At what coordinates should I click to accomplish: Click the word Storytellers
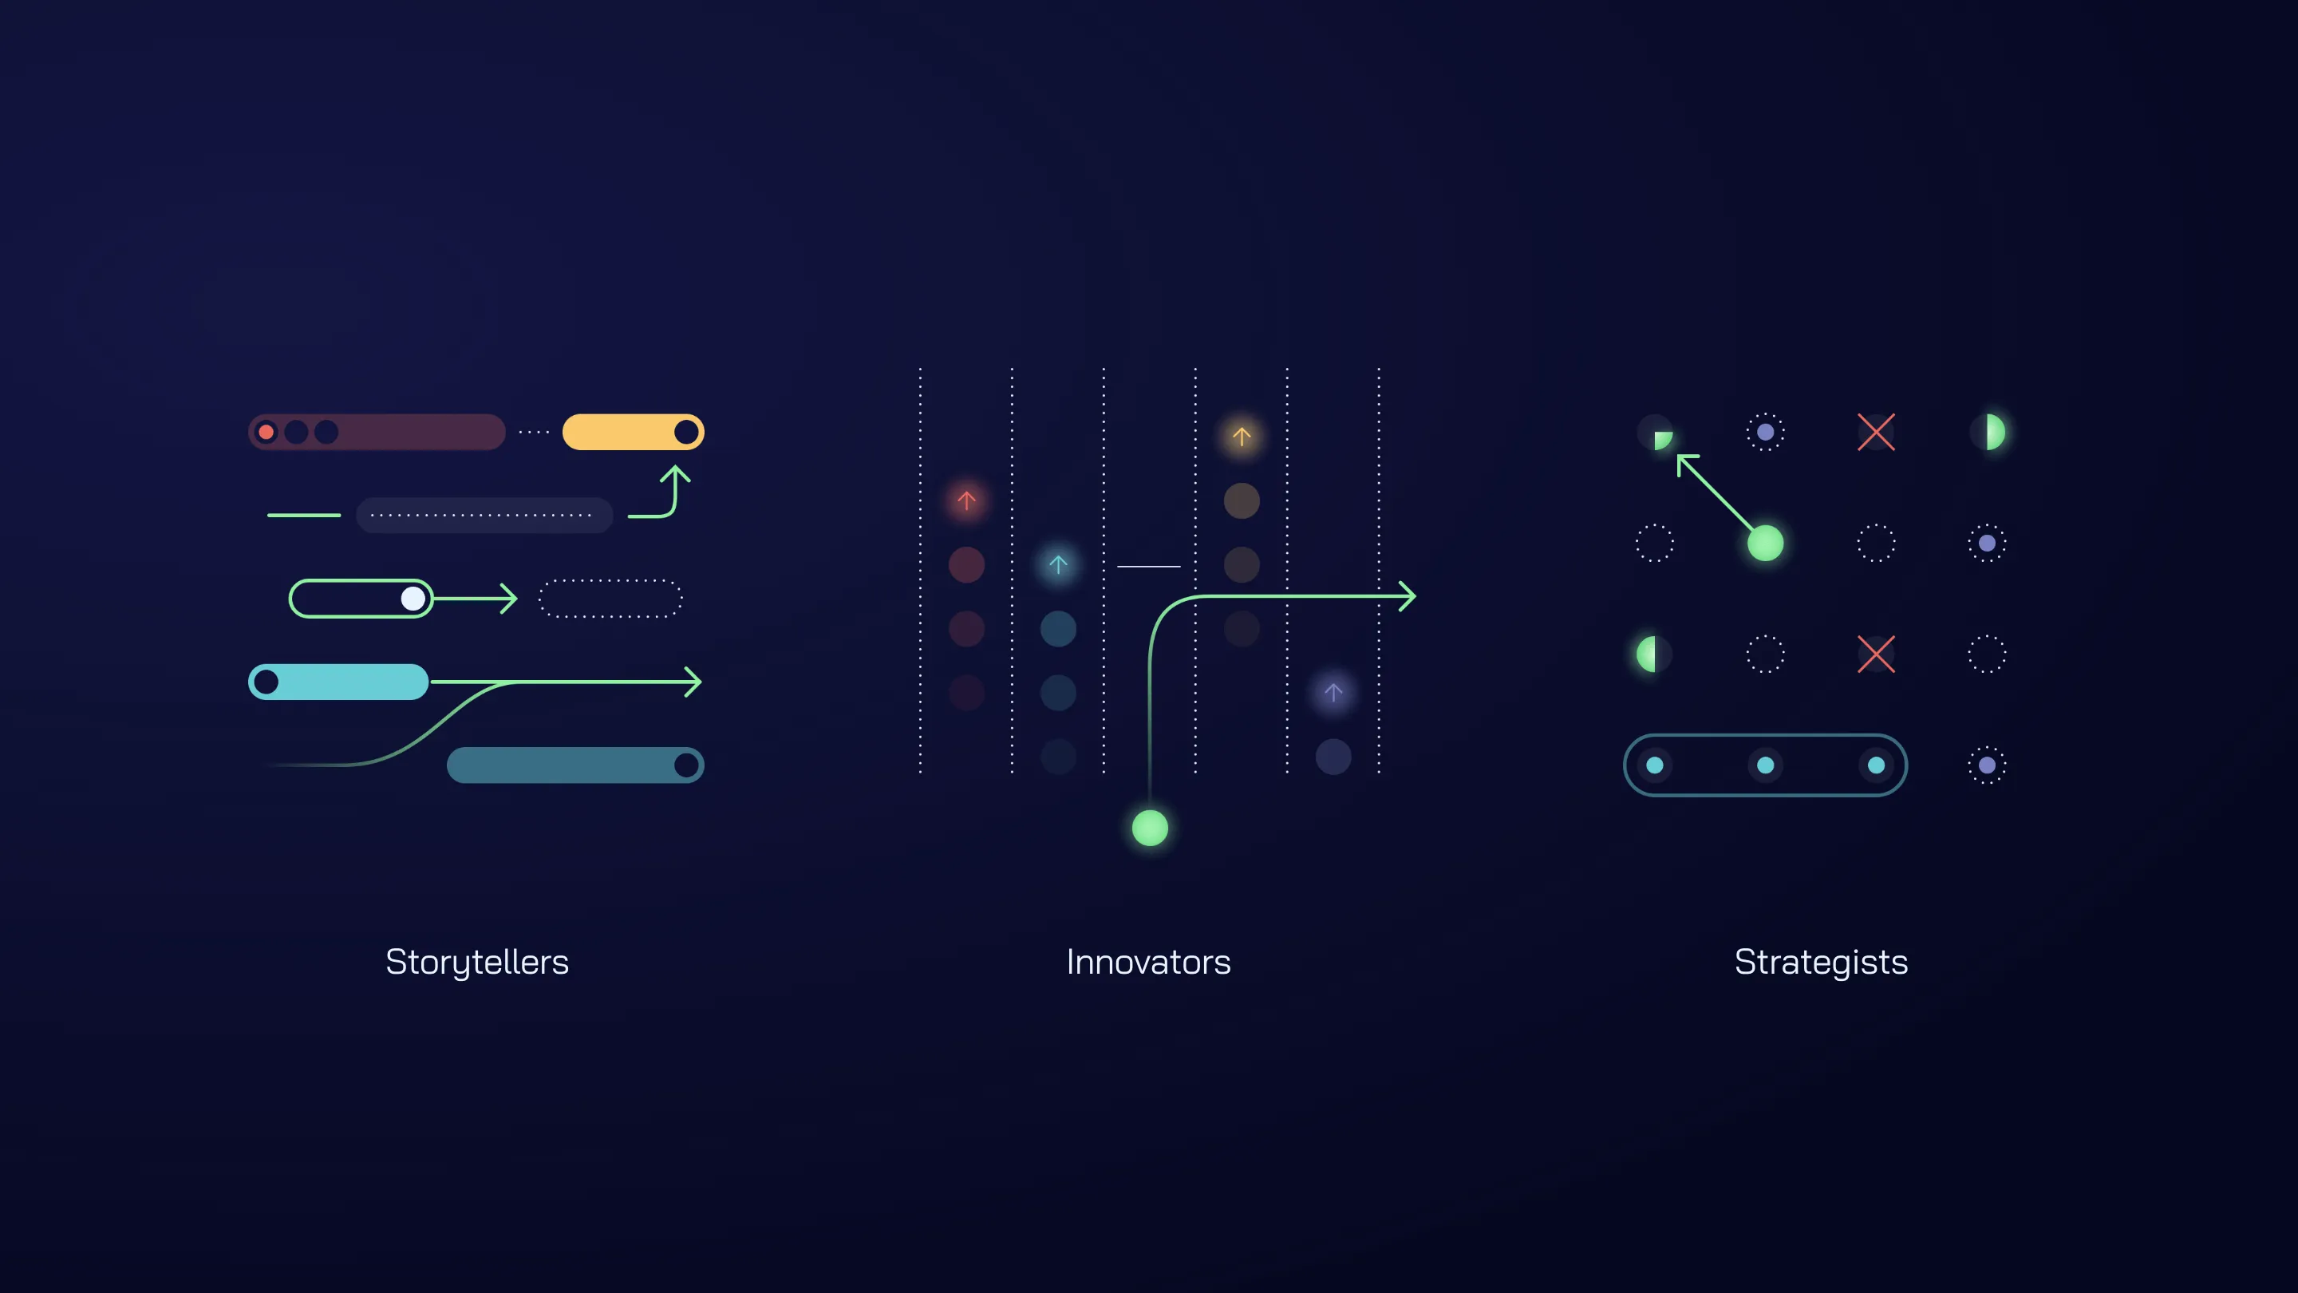click(476, 962)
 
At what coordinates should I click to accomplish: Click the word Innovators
click(1148, 962)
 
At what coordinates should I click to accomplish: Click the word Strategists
click(1821, 962)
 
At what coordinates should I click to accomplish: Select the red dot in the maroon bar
click(266, 433)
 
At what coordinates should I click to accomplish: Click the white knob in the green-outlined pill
click(413, 598)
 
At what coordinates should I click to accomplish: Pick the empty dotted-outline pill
click(611, 598)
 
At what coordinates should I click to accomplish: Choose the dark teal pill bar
click(562, 765)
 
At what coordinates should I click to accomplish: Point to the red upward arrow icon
click(966, 500)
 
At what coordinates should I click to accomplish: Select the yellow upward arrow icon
click(1242, 437)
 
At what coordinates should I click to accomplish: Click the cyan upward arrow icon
click(1058, 565)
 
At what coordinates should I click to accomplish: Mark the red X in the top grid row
click(1876, 432)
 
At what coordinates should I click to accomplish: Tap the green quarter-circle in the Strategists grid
click(1662, 440)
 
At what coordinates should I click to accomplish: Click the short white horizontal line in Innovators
click(1149, 566)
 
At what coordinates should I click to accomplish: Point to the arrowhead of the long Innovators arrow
click(1408, 596)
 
